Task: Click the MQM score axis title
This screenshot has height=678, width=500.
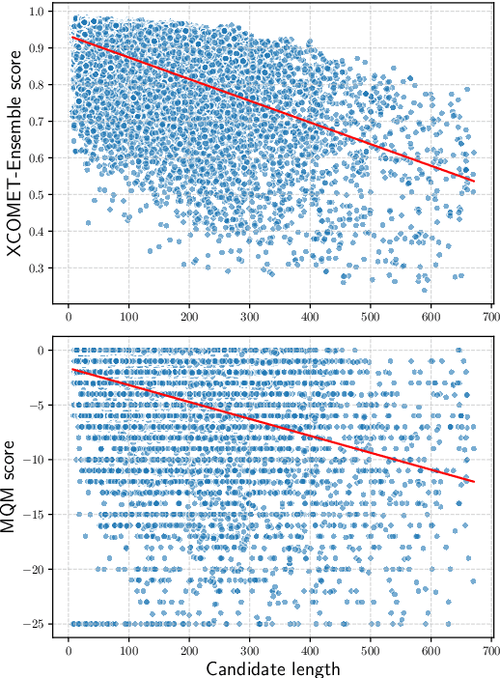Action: click(x=15, y=487)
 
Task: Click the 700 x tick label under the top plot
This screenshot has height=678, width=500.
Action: click(x=490, y=316)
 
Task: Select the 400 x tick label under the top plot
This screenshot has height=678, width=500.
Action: click(x=310, y=316)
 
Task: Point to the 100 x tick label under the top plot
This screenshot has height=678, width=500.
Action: click(x=128, y=316)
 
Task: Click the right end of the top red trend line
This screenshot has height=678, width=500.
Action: click(x=475, y=181)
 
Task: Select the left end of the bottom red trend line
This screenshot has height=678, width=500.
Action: click(x=71, y=369)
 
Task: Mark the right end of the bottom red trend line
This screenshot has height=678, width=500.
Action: click(x=475, y=481)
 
